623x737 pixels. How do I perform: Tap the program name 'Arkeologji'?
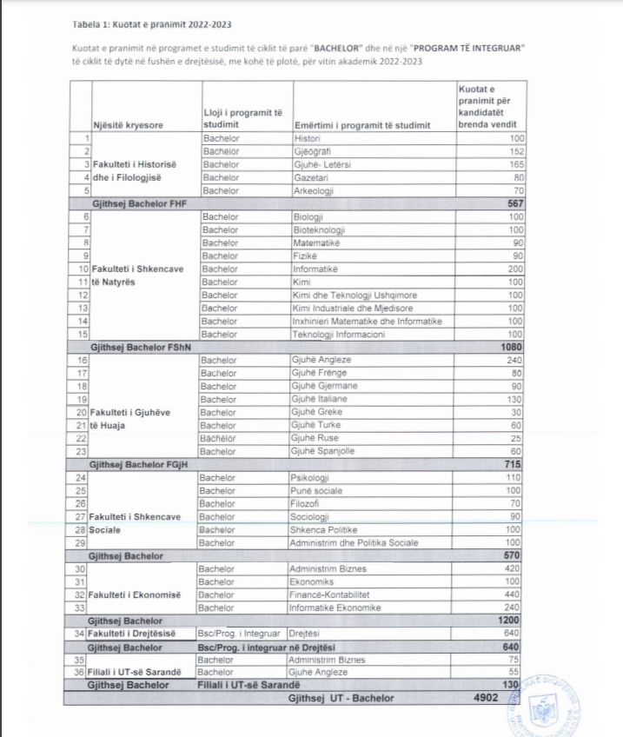click(314, 190)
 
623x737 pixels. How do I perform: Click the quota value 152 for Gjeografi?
click(515, 151)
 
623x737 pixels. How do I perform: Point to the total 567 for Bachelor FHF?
click(514, 203)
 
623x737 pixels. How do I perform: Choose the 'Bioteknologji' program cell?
click(321, 229)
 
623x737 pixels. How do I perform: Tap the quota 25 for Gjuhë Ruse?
click(518, 438)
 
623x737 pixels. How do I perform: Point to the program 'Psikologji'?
click(310, 478)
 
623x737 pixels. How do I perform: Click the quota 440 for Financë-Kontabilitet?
click(514, 595)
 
